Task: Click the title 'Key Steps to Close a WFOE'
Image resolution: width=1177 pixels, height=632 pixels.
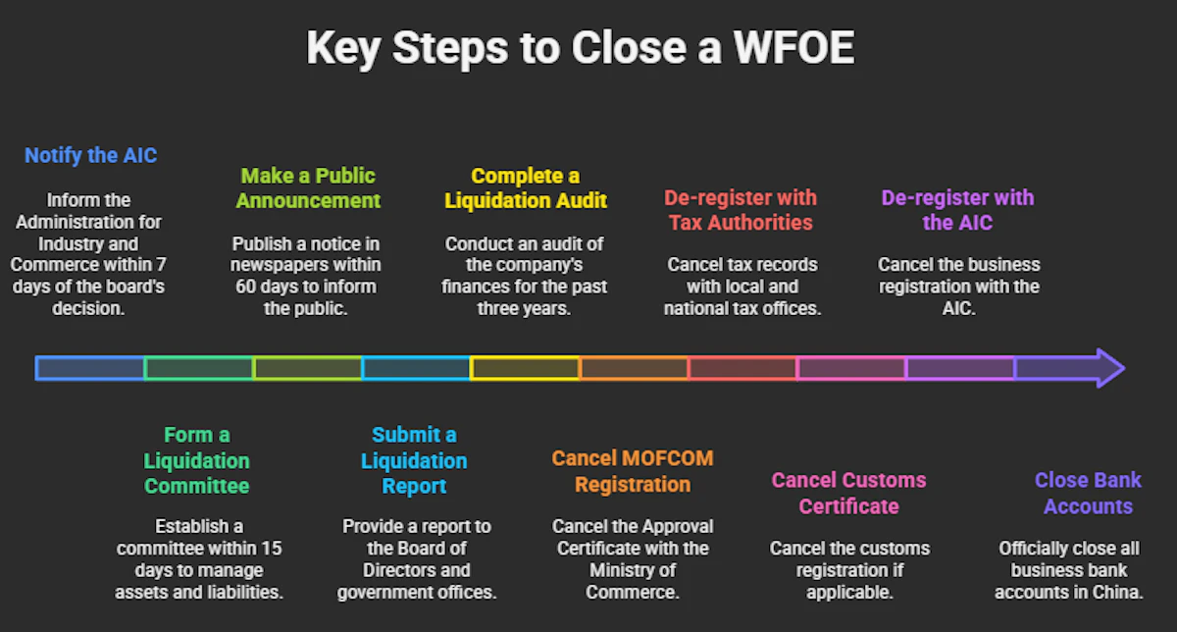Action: pyautogui.click(x=580, y=48)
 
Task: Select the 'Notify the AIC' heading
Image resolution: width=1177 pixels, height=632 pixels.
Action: pyautogui.click(x=90, y=155)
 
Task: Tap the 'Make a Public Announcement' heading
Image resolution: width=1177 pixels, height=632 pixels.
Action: pyautogui.click(x=308, y=188)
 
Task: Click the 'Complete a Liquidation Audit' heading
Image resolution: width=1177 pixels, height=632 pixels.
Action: pyautogui.click(x=526, y=188)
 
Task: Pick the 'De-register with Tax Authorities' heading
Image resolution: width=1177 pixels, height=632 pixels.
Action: pyautogui.click(x=741, y=210)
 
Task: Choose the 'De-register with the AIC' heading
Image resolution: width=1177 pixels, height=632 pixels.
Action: pyautogui.click(x=957, y=210)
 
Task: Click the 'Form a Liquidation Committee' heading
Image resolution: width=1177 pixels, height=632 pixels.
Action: pyautogui.click(x=197, y=460)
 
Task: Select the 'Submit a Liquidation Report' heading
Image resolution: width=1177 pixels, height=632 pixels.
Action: pyautogui.click(x=414, y=460)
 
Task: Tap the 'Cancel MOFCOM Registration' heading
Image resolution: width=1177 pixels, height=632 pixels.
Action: pyautogui.click(x=633, y=471)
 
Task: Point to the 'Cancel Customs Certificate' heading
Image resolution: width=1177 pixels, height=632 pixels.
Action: pyautogui.click(x=848, y=493)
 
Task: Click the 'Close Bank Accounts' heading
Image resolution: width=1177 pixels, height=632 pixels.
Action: pyautogui.click(x=1088, y=493)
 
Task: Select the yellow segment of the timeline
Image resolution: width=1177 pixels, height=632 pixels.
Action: pyautogui.click(x=525, y=368)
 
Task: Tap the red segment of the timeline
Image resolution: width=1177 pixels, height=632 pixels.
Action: pyautogui.click(x=742, y=368)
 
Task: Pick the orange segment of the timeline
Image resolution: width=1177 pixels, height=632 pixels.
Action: pyautogui.click(x=633, y=368)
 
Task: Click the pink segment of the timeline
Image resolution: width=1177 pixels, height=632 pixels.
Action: pyautogui.click(x=850, y=368)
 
